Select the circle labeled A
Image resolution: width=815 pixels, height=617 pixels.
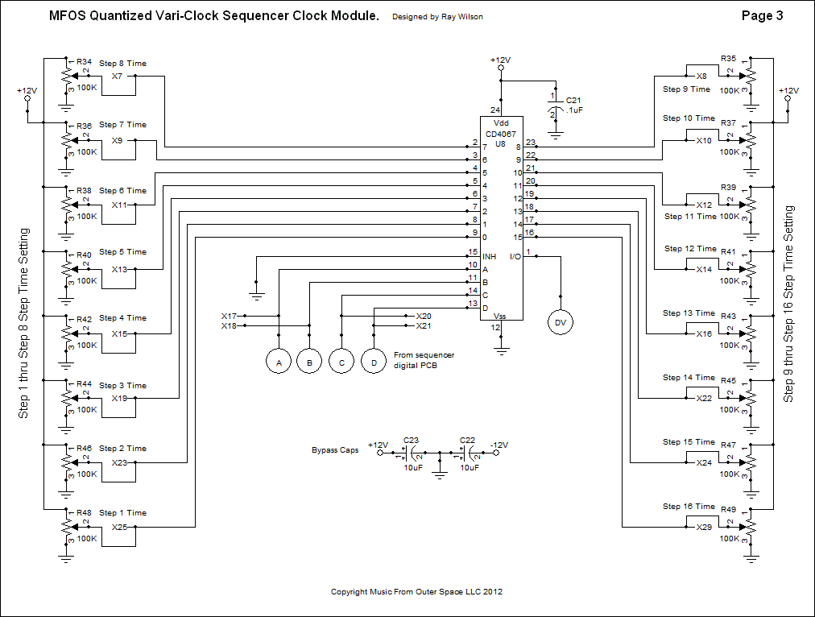click(278, 363)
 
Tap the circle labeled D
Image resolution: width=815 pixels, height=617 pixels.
click(374, 363)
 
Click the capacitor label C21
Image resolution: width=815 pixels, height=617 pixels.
click(573, 100)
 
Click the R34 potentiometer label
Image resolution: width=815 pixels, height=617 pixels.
click(83, 61)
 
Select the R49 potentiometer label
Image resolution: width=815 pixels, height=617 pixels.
click(729, 509)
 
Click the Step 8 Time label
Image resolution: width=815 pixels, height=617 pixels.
click(122, 64)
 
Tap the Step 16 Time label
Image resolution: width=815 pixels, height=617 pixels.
click(689, 507)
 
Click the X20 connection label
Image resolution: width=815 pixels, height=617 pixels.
click(423, 316)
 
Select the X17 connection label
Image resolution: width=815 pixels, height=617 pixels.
click(229, 316)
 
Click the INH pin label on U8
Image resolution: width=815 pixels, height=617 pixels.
click(489, 256)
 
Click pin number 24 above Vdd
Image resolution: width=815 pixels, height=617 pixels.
click(495, 110)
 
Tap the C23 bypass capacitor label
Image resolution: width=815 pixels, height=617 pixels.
click(411, 439)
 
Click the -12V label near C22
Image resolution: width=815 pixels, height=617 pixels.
click(499, 444)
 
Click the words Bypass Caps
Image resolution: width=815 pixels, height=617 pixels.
click(335, 450)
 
